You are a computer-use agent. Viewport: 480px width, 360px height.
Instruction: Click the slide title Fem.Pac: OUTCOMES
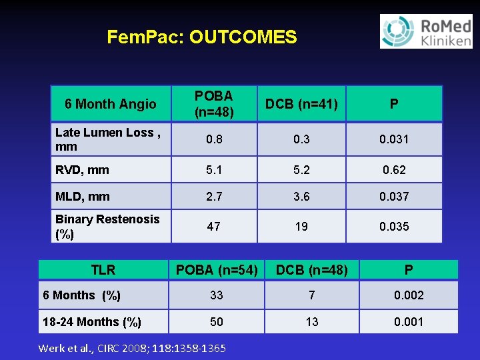(x=201, y=37)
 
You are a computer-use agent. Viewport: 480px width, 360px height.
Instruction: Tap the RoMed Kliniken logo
(x=425, y=31)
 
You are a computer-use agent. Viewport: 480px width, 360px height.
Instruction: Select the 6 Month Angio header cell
(x=111, y=104)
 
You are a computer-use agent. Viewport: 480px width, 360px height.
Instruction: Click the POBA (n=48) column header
(x=214, y=104)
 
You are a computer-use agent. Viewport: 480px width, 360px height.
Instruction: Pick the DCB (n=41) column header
(x=301, y=104)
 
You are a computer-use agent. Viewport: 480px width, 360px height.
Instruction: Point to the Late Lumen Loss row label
(x=107, y=139)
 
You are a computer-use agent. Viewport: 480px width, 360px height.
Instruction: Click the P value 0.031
(x=394, y=139)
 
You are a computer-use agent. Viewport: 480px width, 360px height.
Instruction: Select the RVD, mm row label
(x=82, y=170)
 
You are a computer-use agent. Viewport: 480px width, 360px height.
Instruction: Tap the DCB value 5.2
(x=301, y=170)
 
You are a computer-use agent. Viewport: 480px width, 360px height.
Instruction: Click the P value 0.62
(x=394, y=170)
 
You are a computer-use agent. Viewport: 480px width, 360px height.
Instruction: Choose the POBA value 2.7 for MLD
(x=214, y=197)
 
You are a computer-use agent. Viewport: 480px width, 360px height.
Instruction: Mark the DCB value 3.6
(x=301, y=197)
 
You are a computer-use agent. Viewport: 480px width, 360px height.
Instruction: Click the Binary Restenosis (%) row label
(x=107, y=227)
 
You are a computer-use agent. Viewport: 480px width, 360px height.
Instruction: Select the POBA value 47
(x=214, y=227)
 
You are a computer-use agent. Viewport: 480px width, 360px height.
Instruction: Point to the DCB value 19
(x=301, y=227)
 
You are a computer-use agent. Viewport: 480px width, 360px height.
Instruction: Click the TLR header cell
(x=103, y=270)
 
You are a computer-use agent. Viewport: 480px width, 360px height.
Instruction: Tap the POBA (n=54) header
(x=217, y=270)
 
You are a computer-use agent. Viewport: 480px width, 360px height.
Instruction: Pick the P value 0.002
(x=409, y=295)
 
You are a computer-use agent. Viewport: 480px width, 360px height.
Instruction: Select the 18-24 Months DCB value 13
(x=312, y=322)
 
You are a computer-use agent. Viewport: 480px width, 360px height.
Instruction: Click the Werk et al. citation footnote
(x=132, y=348)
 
